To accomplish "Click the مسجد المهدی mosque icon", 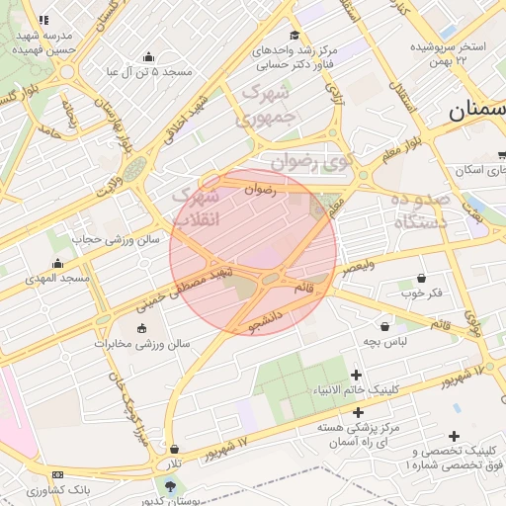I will pyautogui.click(x=58, y=264).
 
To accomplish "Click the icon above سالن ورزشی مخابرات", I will pyautogui.click(x=141, y=328).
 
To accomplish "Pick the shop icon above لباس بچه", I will pyautogui.click(x=383, y=326).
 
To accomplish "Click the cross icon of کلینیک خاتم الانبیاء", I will pyautogui.click(x=357, y=374).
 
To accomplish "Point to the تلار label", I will pyautogui.click(x=174, y=464).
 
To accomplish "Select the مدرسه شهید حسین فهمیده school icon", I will pyautogui.click(x=42, y=19).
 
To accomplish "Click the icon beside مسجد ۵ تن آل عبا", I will pyautogui.click(x=148, y=57).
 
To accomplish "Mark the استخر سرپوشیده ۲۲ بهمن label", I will pyautogui.click(x=450, y=53).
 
